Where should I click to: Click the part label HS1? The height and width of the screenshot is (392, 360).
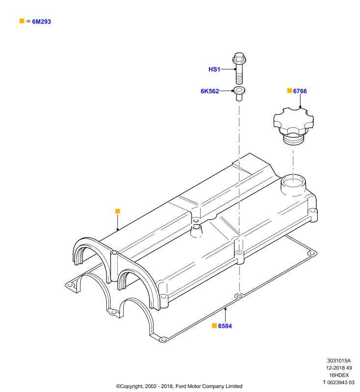coord(214,69)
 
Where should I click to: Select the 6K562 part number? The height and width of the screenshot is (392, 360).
coord(209,91)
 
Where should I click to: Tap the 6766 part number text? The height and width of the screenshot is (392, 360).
coord(300,91)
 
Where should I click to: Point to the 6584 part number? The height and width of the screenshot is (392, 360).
coord(225,326)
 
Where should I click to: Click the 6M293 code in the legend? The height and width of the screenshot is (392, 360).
coord(42,22)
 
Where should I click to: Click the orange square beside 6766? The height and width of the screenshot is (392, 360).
coord(289,91)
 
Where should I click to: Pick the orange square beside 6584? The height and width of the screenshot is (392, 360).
coord(214,325)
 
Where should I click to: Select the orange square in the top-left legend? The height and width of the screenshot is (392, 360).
coord(22,21)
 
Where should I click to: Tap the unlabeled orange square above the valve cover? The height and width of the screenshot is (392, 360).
coord(118,211)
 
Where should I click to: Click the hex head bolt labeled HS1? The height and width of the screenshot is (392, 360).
coord(239,68)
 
